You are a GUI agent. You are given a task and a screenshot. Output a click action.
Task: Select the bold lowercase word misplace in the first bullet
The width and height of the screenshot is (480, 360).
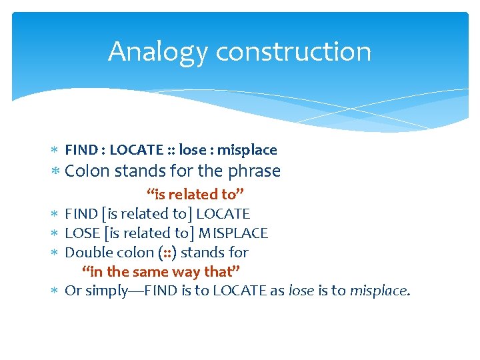247,150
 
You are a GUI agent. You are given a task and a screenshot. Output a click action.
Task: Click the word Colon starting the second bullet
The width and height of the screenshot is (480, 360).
87,171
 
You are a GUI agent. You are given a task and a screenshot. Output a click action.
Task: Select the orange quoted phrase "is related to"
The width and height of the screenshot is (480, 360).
195,195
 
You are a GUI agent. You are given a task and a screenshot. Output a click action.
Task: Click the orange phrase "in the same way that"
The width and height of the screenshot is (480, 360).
161,272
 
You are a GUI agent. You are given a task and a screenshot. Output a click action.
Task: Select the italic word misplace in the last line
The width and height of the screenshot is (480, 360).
378,291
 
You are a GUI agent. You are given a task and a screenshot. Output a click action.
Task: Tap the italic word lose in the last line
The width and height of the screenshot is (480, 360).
301,291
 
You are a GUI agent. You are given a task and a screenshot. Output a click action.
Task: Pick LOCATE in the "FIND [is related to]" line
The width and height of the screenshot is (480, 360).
223,214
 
